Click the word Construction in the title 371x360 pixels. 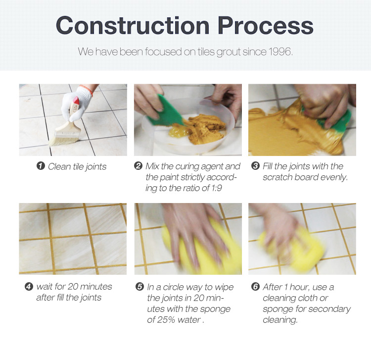tap(133, 25)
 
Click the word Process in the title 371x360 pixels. tap(266, 25)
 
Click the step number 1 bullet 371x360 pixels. tap(41, 166)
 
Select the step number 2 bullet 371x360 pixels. tap(138, 166)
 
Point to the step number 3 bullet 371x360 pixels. tap(255, 166)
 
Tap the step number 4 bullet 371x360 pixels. tap(29, 287)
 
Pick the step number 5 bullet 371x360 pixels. tap(139, 287)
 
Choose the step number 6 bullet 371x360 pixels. tap(255, 287)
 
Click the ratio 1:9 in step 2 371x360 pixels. tap(216, 188)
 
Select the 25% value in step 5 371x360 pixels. tap(167, 320)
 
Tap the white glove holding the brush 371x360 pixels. tap(76, 104)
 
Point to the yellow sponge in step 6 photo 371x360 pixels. tap(292, 249)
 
